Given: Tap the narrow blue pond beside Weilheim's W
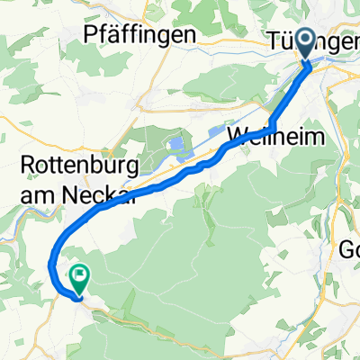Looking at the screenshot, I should (219, 132).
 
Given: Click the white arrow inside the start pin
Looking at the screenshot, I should (305, 40).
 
